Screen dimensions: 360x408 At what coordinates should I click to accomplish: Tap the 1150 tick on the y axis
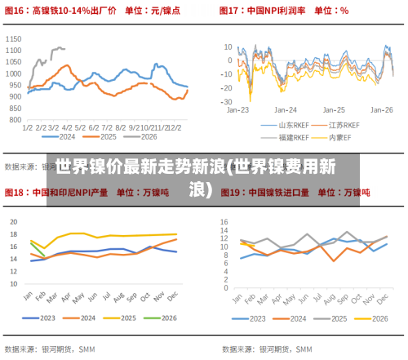(x=14, y=38)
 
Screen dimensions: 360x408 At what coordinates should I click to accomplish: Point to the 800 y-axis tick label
(x=16, y=119)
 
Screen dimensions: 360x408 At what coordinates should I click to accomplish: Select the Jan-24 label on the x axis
(x=286, y=109)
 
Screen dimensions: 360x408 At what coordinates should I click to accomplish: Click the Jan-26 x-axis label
(x=382, y=109)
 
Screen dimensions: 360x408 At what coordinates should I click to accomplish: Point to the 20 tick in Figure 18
(x=14, y=221)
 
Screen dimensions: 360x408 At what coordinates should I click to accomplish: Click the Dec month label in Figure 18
(x=171, y=295)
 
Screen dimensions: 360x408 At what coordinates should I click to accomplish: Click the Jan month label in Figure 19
(x=242, y=295)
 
